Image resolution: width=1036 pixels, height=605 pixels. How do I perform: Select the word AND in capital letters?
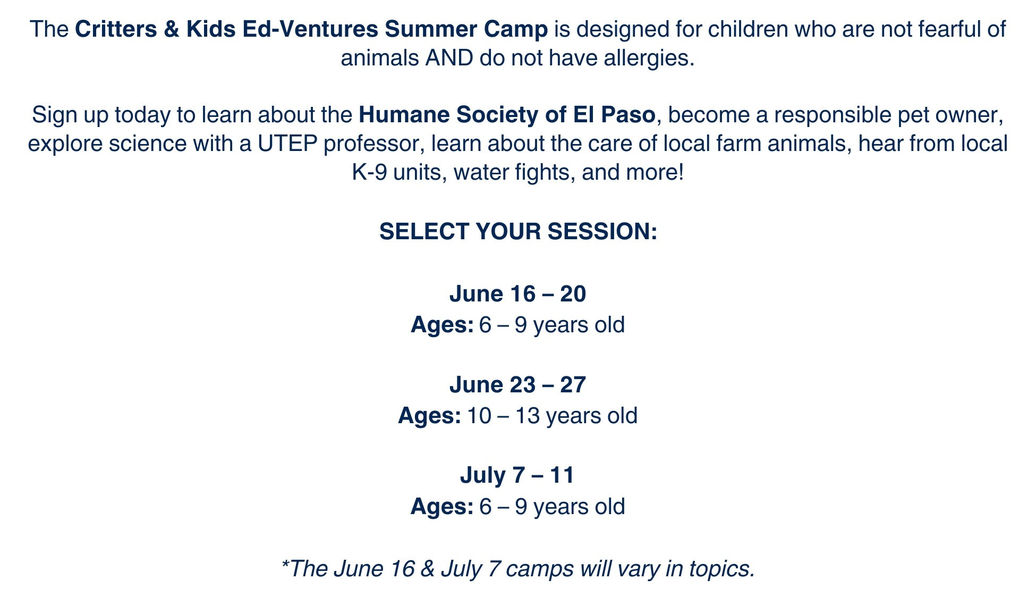(449, 58)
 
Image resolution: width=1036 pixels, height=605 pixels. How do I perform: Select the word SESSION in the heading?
(602, 232)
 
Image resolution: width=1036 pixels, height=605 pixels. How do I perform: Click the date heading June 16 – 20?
(517, 294)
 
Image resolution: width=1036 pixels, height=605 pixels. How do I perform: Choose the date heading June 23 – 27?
(517, 385)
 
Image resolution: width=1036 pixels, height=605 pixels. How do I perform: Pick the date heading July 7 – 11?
(517, 475)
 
